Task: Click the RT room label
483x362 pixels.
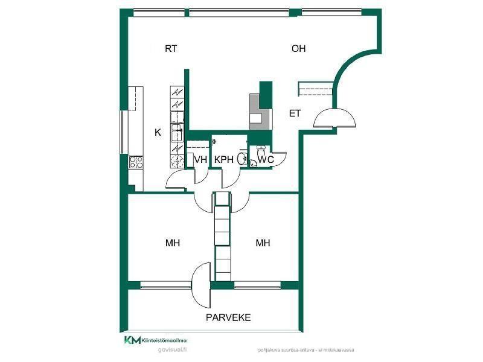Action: coord(171,49)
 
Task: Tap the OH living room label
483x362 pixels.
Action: coord(298,49)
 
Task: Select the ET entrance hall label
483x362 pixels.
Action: coord(295,113)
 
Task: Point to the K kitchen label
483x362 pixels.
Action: coord(158,132)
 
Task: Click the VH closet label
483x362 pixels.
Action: coord(200,159)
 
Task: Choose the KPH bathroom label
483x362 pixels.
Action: coord(224,159)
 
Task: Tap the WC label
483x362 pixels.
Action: coord(266,159)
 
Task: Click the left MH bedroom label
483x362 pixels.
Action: coord(173,243)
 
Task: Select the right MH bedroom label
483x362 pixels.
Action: coord(263,243)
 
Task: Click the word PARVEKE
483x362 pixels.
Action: coord(228,317)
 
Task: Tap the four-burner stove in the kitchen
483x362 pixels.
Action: coord(136,162)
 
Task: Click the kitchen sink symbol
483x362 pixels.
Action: coord(178,129)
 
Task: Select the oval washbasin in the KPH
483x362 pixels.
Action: coord(241,159)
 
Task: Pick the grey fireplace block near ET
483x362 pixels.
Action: coord(256,111)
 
